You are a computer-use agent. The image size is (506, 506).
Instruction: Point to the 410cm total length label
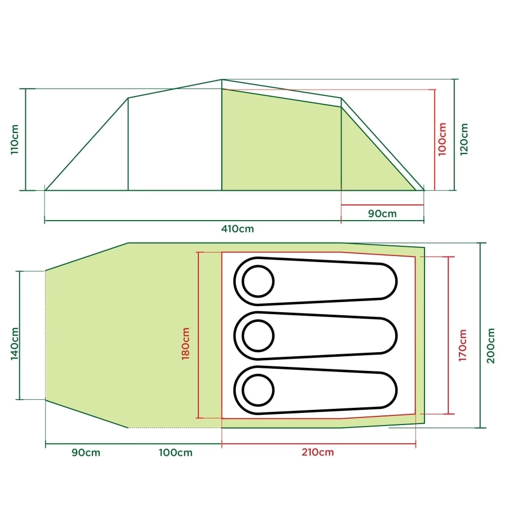237,228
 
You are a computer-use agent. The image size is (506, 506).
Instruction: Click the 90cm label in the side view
382,213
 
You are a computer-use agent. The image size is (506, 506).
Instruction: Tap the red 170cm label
462,345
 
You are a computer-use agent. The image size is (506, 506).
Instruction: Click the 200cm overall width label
491,345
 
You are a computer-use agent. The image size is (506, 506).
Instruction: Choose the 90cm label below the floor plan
86,452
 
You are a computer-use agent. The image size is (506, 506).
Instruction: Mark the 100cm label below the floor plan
176,452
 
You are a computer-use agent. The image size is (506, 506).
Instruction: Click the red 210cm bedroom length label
317,452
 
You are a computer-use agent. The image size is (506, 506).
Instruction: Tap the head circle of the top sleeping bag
259,281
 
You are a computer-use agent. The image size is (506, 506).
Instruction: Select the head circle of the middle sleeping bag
259,335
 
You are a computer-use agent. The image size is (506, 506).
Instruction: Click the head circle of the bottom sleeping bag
259,390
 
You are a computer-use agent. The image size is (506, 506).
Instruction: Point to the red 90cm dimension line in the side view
382,205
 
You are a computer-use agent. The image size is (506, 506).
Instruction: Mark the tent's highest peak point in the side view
222,79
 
